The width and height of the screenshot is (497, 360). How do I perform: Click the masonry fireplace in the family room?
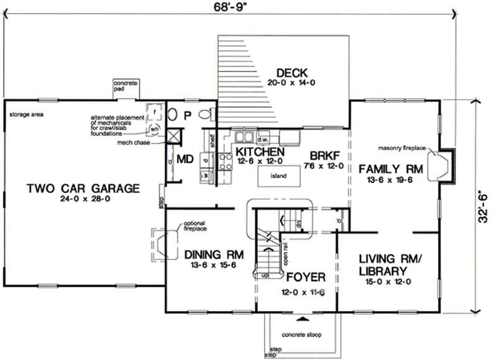pos(445,166)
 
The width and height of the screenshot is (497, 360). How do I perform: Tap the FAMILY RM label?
pos(390,168)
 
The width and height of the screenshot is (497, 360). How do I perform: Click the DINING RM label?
pos(213,254)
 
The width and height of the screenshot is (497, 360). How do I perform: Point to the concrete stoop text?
pos(303,333)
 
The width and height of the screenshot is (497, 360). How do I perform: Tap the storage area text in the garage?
pos(25,114)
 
